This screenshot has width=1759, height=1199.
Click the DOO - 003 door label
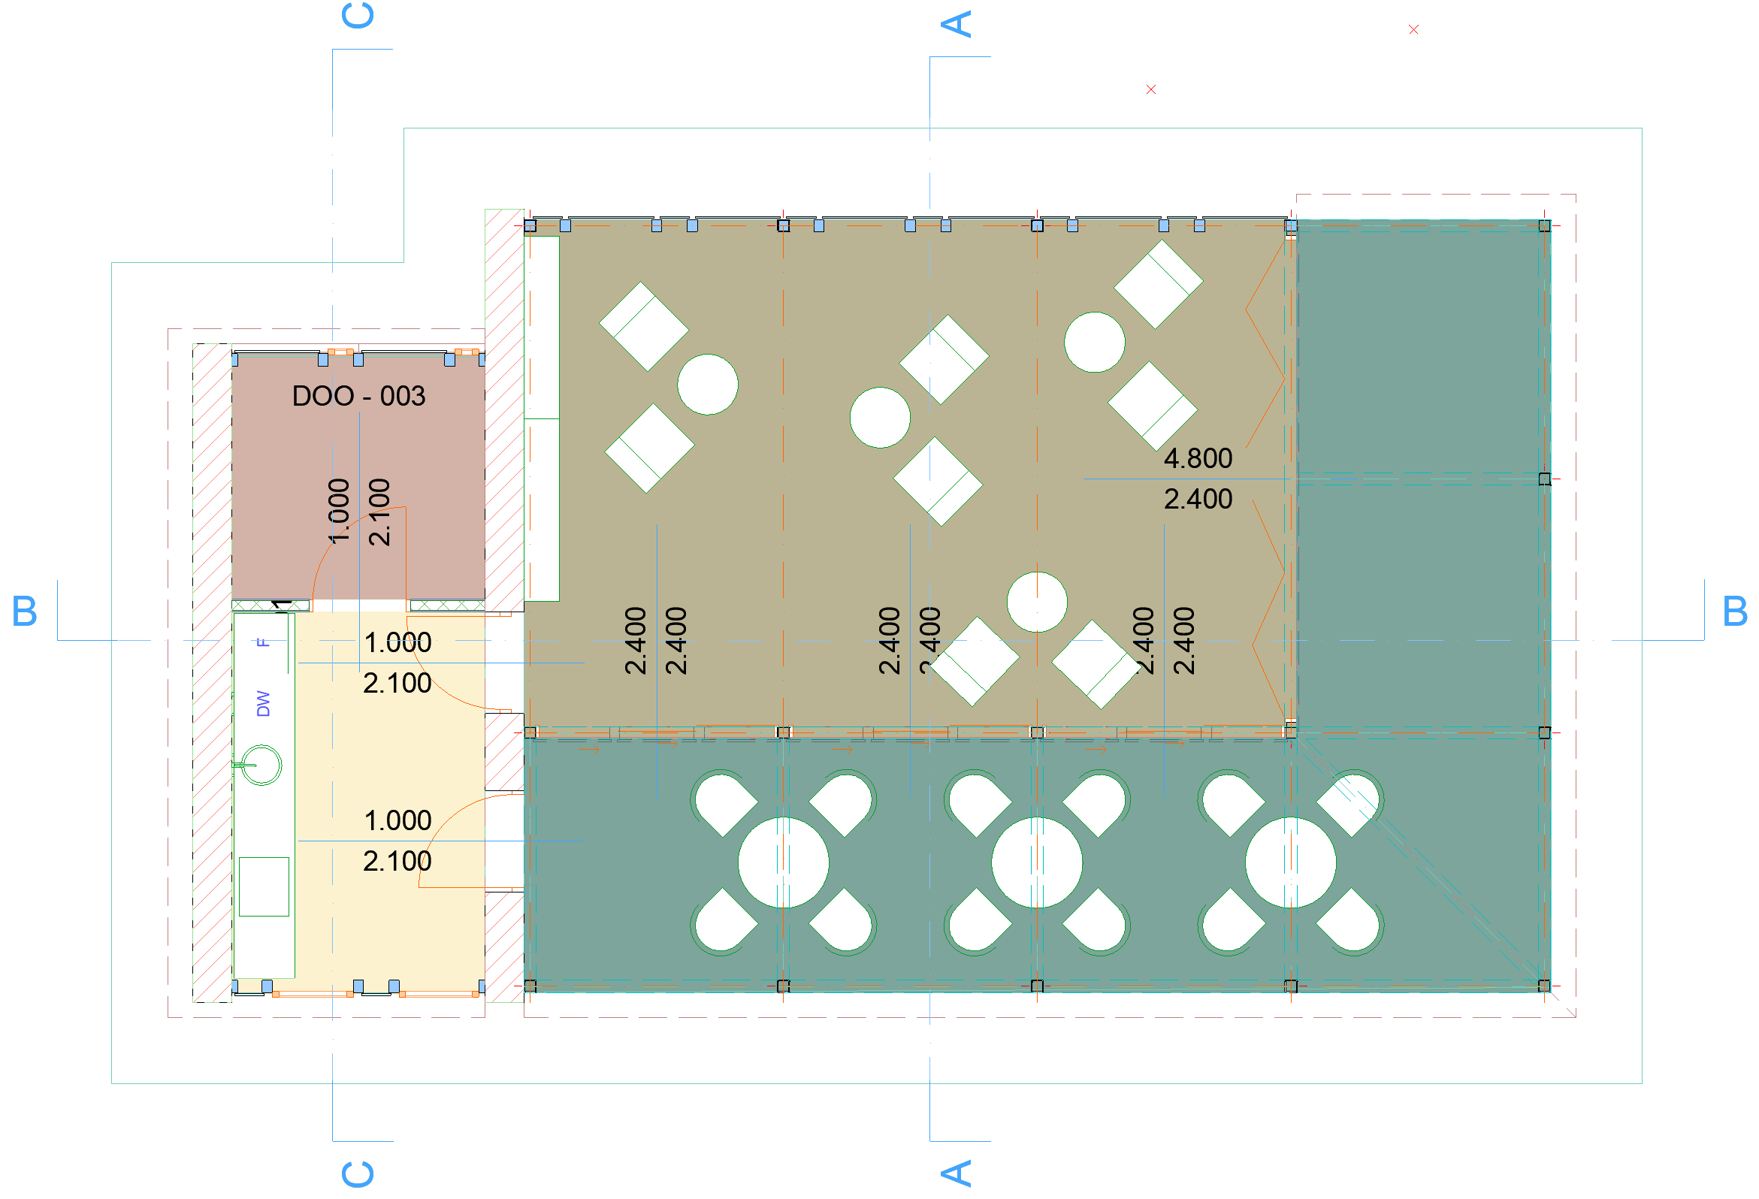[x=358, y=396]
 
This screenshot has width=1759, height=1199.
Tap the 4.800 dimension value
[x=1198, y=458]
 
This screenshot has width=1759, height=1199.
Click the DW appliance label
[x=263, y=703]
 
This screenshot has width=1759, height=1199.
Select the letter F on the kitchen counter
[x=263, y=642]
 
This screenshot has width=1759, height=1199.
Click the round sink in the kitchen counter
[x=262, y=765]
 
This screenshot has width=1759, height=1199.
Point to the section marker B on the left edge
[x=24, y=611]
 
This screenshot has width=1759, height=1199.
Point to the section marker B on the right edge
[x=1734, y=611]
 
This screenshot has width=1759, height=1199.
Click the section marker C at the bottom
[x=358, y=1173]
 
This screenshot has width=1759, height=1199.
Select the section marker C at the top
[x=358, y=15]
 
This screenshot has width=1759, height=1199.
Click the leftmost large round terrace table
[x=783, y=862]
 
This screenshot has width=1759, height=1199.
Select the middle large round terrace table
[x=1036, y=862]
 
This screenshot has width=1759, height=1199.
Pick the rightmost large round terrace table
[x=1289, y=862]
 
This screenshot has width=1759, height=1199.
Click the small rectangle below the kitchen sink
[x=264, y=886]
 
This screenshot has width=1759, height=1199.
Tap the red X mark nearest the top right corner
[x=1413, y=29]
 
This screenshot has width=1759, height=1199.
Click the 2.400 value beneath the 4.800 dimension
[x=1198, y=499]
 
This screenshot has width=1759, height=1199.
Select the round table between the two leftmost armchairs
[x=707, y=385]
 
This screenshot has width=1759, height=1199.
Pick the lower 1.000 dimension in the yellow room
[x=397, y=820]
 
